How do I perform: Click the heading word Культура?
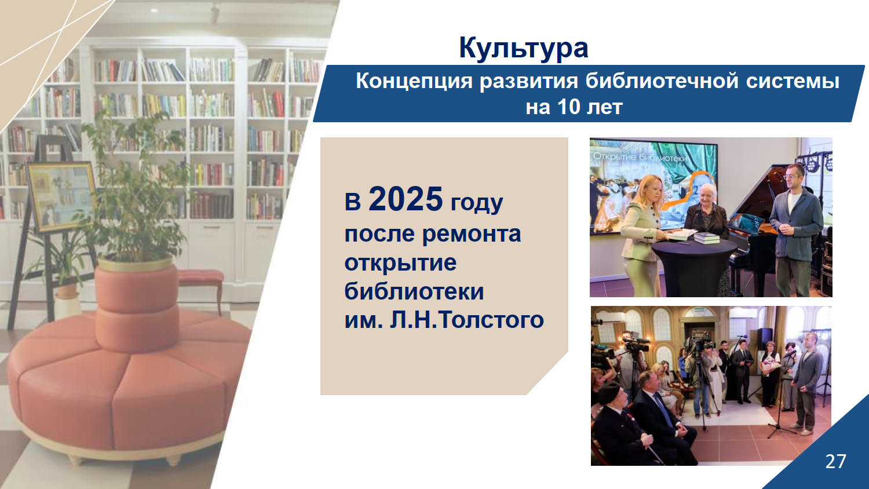coord(523,48)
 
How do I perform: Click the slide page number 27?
coord(835,461)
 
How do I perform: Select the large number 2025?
coord(406,199)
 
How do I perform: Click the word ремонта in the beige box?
coord(472,234)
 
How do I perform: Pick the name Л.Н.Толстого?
coord(467,320)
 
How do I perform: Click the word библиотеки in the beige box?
coord(414,291)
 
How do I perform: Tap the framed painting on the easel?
coord(61,196)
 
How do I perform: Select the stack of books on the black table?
coord(707,237)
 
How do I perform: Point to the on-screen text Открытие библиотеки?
coord(640,158)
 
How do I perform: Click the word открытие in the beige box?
coord(400,262)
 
